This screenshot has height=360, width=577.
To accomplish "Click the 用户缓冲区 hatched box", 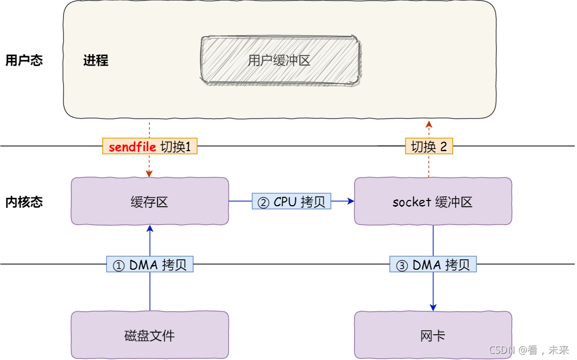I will (x=280, y=60).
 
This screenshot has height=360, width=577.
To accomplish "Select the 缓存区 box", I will (x=149, y=202).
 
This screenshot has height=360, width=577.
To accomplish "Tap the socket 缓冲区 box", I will (x=433, y=202).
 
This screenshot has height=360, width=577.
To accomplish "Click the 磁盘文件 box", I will (x=149, y=335).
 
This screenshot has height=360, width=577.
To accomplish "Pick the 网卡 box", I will (x=433, y=335).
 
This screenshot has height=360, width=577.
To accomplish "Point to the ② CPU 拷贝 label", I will (x=292, y=202).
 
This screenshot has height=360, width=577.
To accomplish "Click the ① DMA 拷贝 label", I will (x=149, y=265).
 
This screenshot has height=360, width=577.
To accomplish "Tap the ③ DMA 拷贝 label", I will (x=433, y=265).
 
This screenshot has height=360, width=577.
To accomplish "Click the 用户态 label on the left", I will (x=24, y=60).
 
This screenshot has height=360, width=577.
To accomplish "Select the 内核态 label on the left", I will (x=24, y=202).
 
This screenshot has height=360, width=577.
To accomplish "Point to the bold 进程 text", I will (x=95, y=60).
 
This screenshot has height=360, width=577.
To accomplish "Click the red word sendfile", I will (x=132, y=147).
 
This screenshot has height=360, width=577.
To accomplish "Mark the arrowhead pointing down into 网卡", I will (x=433, y=307).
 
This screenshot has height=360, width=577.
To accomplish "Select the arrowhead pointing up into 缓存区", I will (x=150, y=229).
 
